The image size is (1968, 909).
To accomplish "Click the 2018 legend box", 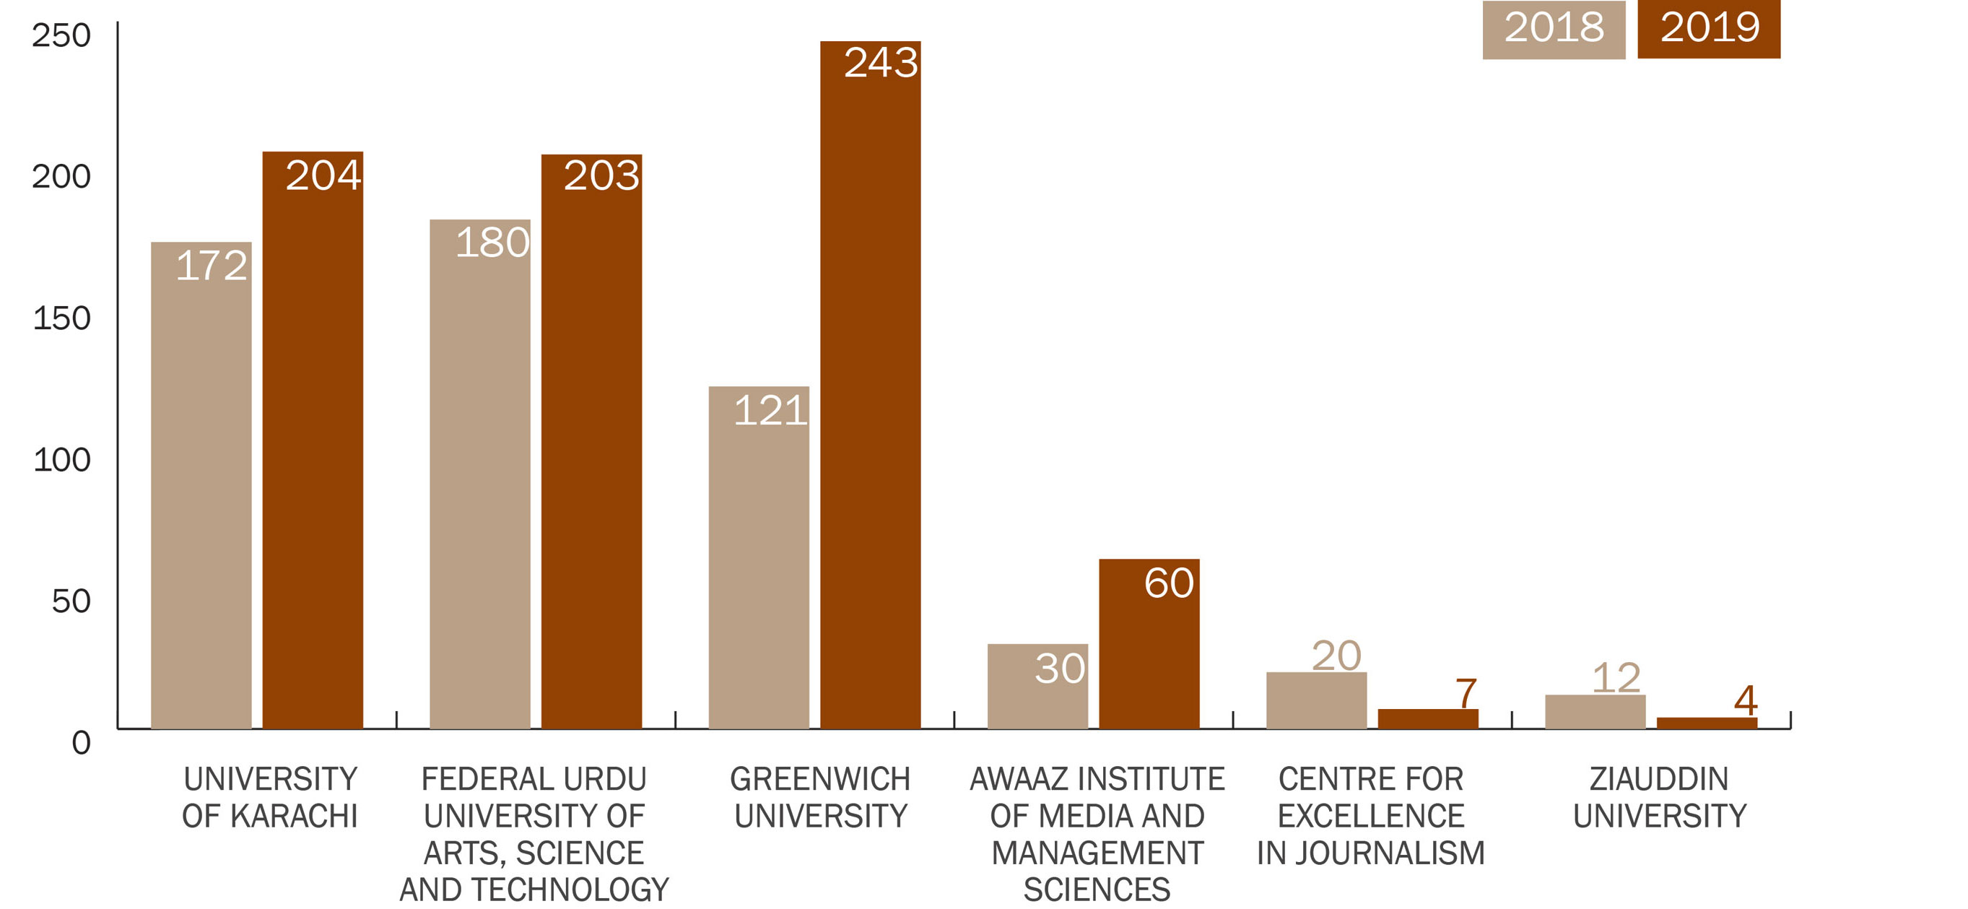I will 1553,29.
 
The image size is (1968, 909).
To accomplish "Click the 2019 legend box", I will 1708,29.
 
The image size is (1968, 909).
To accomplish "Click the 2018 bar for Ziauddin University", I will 1595,712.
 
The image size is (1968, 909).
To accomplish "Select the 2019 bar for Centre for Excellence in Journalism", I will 1428,719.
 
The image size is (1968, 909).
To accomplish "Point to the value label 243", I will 881,63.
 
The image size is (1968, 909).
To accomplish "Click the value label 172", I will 211,266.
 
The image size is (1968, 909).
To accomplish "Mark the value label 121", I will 770,411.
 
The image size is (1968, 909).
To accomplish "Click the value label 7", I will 1466,694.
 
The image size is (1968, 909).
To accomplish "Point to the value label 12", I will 1616,677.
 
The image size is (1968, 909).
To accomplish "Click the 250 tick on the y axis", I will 61,35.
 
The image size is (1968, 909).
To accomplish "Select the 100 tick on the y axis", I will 62,460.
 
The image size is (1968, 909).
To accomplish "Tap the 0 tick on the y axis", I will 81,742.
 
